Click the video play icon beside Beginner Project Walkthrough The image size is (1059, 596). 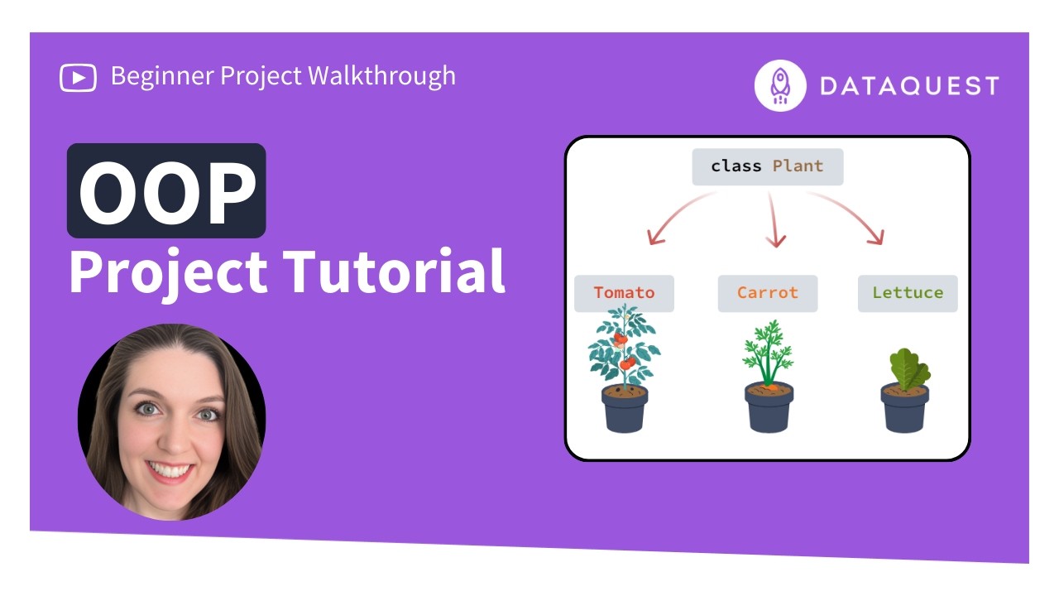pyautogui.click(x=78, y=77)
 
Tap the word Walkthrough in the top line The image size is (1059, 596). pyautogui.click(x=381, y=76)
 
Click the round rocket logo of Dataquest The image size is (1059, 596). pyautogui.click(x=780, y=85)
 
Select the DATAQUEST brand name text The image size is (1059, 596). pyautogui.click(x=909, y=86)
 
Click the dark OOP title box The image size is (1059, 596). pyautogui.click(x=166, y=190)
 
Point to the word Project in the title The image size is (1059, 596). pyautogui.click(x=168, y=272)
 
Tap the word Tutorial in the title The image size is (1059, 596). pyautogui.click(x=394, y=272)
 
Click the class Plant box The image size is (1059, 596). pyautogui.click(x=767, y=166)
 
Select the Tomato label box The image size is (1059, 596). pyautogui.click(x=624, y=293)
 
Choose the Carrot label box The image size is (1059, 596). pyautogui.click(x=767, y=293)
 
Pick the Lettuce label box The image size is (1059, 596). pyautogui.click(x=907, y=293)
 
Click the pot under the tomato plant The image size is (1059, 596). pyautogui.click(x=625, y=411)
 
